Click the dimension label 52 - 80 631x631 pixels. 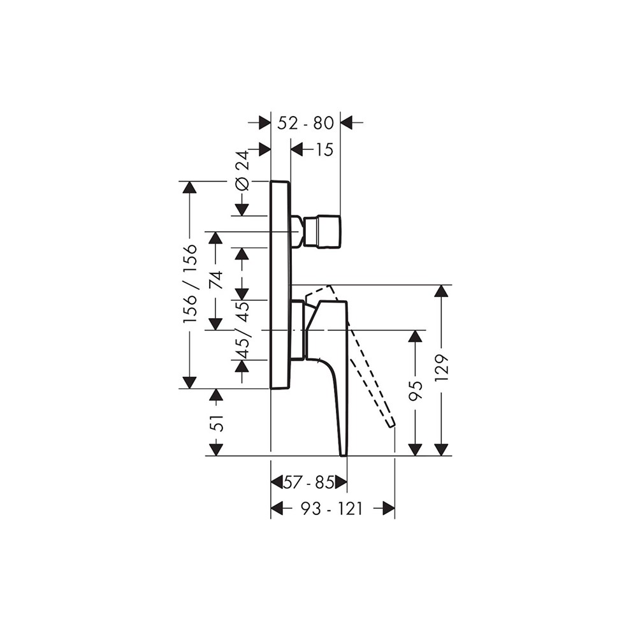tap(306, 123)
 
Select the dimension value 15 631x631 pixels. tap(324, 150)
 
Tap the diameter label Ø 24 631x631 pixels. tap(243, 171)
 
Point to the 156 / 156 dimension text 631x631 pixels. tap(190, 283)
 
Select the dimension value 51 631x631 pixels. tap(216, 423)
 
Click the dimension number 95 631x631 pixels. tap(416, 391)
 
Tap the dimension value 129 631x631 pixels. tap(442, 368)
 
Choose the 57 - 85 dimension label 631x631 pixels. tap(308, 482)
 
